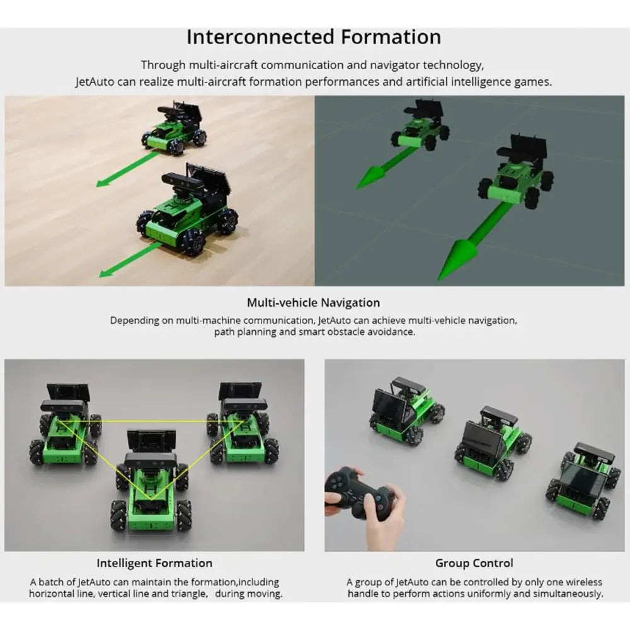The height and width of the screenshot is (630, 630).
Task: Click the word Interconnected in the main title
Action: coord(260,37)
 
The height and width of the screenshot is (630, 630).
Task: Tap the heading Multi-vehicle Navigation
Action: coord(313,302)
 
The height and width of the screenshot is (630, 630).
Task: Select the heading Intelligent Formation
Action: coord(154,563)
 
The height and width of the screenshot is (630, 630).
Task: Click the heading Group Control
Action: coord(474,563)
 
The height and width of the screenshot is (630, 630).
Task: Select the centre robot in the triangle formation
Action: coord(151,481)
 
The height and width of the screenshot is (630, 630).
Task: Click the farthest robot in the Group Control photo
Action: coord(406,410)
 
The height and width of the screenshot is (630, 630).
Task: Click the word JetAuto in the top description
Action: coord(94,81)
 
